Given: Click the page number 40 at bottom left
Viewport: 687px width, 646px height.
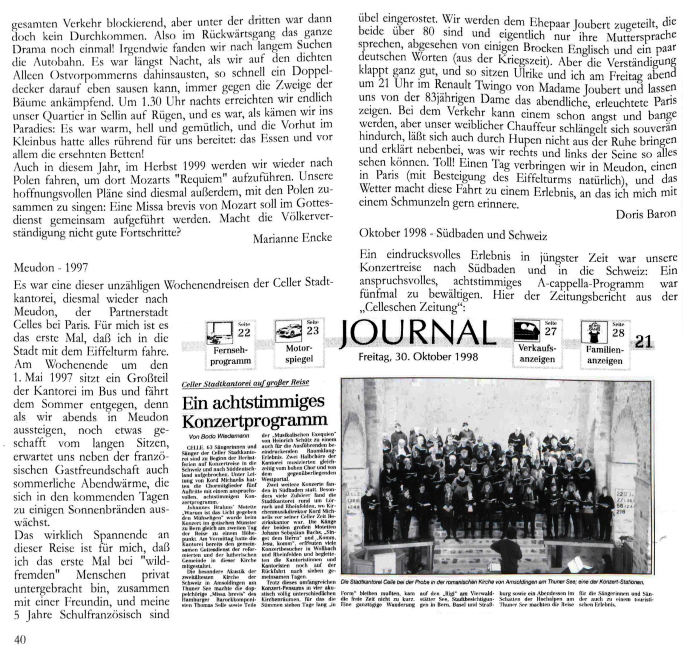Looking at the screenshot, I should coord(20,639).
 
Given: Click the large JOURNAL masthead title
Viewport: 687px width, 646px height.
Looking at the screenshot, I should coord(418,334).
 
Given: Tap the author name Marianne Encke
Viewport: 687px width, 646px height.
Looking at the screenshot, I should coord(292,238).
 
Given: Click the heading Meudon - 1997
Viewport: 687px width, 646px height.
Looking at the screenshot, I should coord(51,267).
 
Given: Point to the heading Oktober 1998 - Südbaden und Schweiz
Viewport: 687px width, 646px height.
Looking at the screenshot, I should coord(453,235).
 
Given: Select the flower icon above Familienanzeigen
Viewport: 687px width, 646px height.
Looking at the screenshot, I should coord(594,332).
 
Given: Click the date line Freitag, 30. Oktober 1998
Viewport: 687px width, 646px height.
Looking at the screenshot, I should coord(418,357).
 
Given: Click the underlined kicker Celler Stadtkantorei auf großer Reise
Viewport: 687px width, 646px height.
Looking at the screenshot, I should coord(245,383).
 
